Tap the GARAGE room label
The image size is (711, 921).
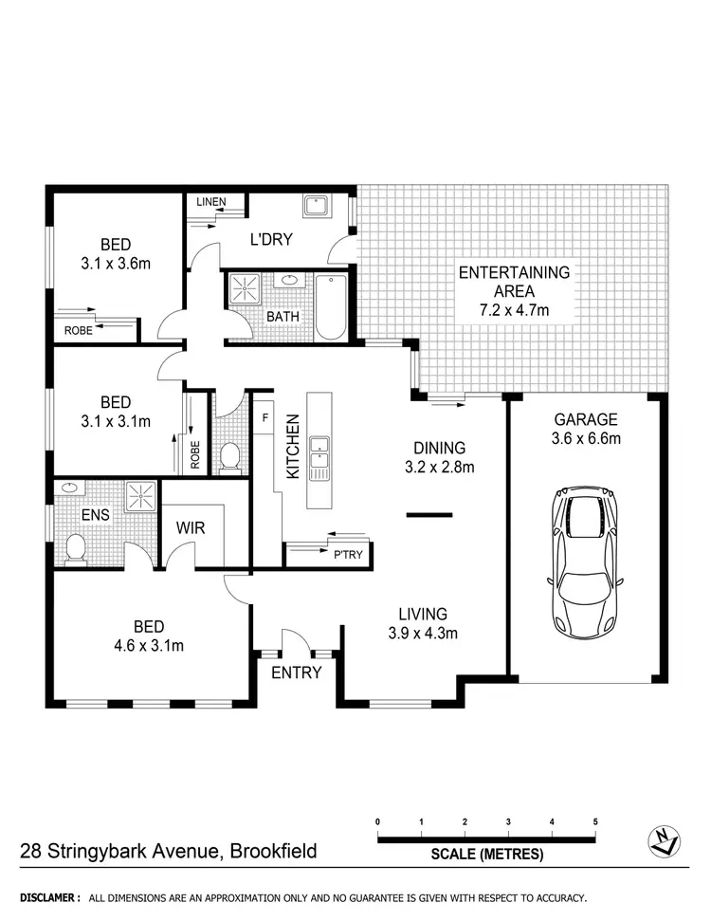point(586,418)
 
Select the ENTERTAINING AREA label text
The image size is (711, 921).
point(514,272)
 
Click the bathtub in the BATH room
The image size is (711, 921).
point(330,307)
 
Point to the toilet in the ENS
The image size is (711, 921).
point(77,546)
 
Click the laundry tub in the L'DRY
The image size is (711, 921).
point(315,208)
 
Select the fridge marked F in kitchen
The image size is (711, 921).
point(265,416)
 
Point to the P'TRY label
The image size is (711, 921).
point(347,556)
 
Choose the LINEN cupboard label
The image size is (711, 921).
point(210,202)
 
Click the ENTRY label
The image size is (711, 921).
point(297,672)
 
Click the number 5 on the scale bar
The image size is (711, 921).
point(595,821)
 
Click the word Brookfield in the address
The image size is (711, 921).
point(269,851)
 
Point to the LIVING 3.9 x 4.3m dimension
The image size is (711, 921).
point(423,633)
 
